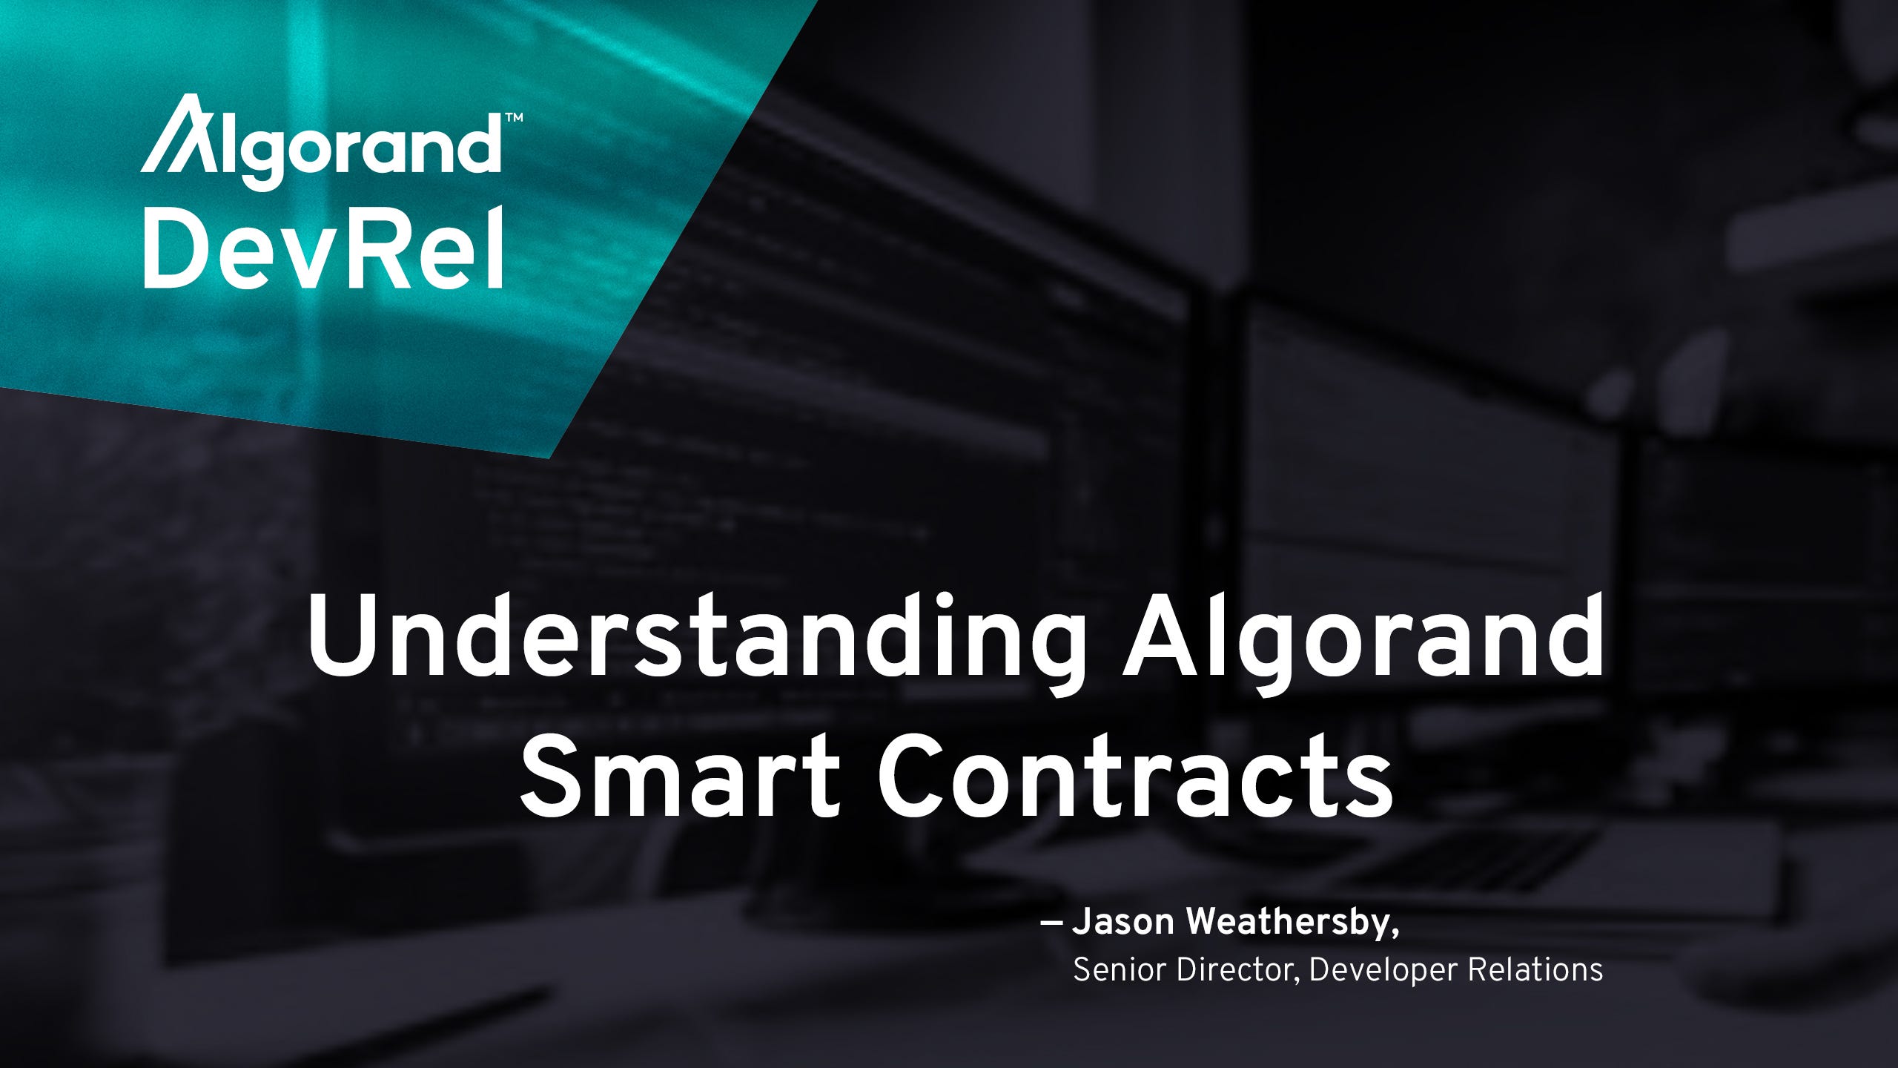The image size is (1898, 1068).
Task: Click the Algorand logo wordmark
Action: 320,142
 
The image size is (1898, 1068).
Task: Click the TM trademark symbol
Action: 513,117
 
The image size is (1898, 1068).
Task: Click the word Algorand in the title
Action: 1363,639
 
